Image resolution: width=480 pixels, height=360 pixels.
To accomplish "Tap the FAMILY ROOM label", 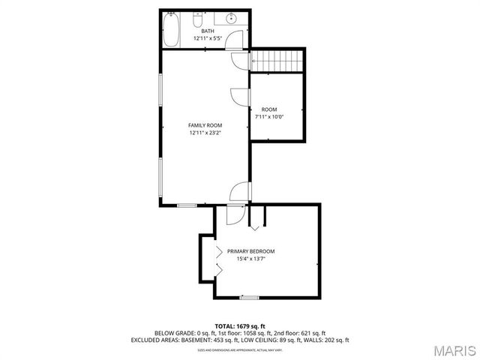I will click(x=205, y=125).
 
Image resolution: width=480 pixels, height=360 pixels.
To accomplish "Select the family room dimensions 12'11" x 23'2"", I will click(x=205, y=133).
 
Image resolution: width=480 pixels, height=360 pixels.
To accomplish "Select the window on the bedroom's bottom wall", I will click(x=249, y=298).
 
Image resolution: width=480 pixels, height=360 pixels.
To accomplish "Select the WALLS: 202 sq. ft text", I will click(x=328, y=340).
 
